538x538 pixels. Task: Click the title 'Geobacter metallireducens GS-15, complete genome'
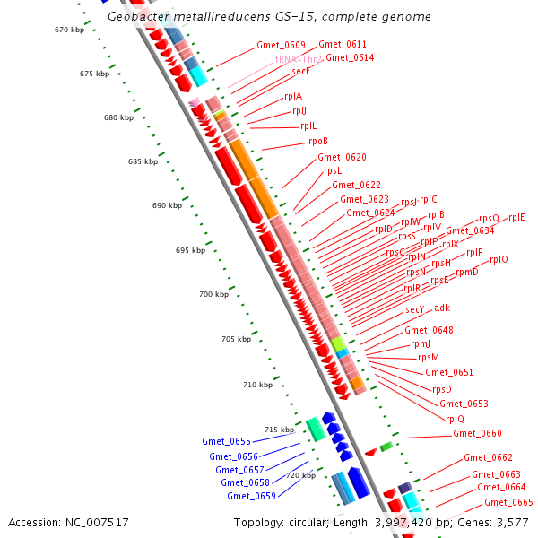click(268, 17)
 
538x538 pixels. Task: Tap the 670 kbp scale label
click(68, 30)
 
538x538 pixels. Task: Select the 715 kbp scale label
click(279, 430)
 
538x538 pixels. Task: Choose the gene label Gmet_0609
click(281, 45)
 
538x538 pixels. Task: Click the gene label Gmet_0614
click(350, 57)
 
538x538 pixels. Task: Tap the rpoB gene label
click(318, 141)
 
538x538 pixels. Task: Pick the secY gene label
click(414, 309)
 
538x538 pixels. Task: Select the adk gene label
click(442, 308)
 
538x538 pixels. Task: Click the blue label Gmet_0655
click(226, 441)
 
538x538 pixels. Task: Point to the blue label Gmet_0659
click(251, 496)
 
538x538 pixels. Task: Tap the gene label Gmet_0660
click(477, 433)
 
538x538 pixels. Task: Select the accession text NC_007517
click(68, 522)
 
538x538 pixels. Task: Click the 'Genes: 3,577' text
click(494, 522)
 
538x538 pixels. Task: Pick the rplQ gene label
click(455, 419)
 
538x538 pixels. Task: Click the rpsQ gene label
click(489, 218)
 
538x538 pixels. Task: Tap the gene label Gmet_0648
click(429, 330)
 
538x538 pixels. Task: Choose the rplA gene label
click(293, 96)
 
